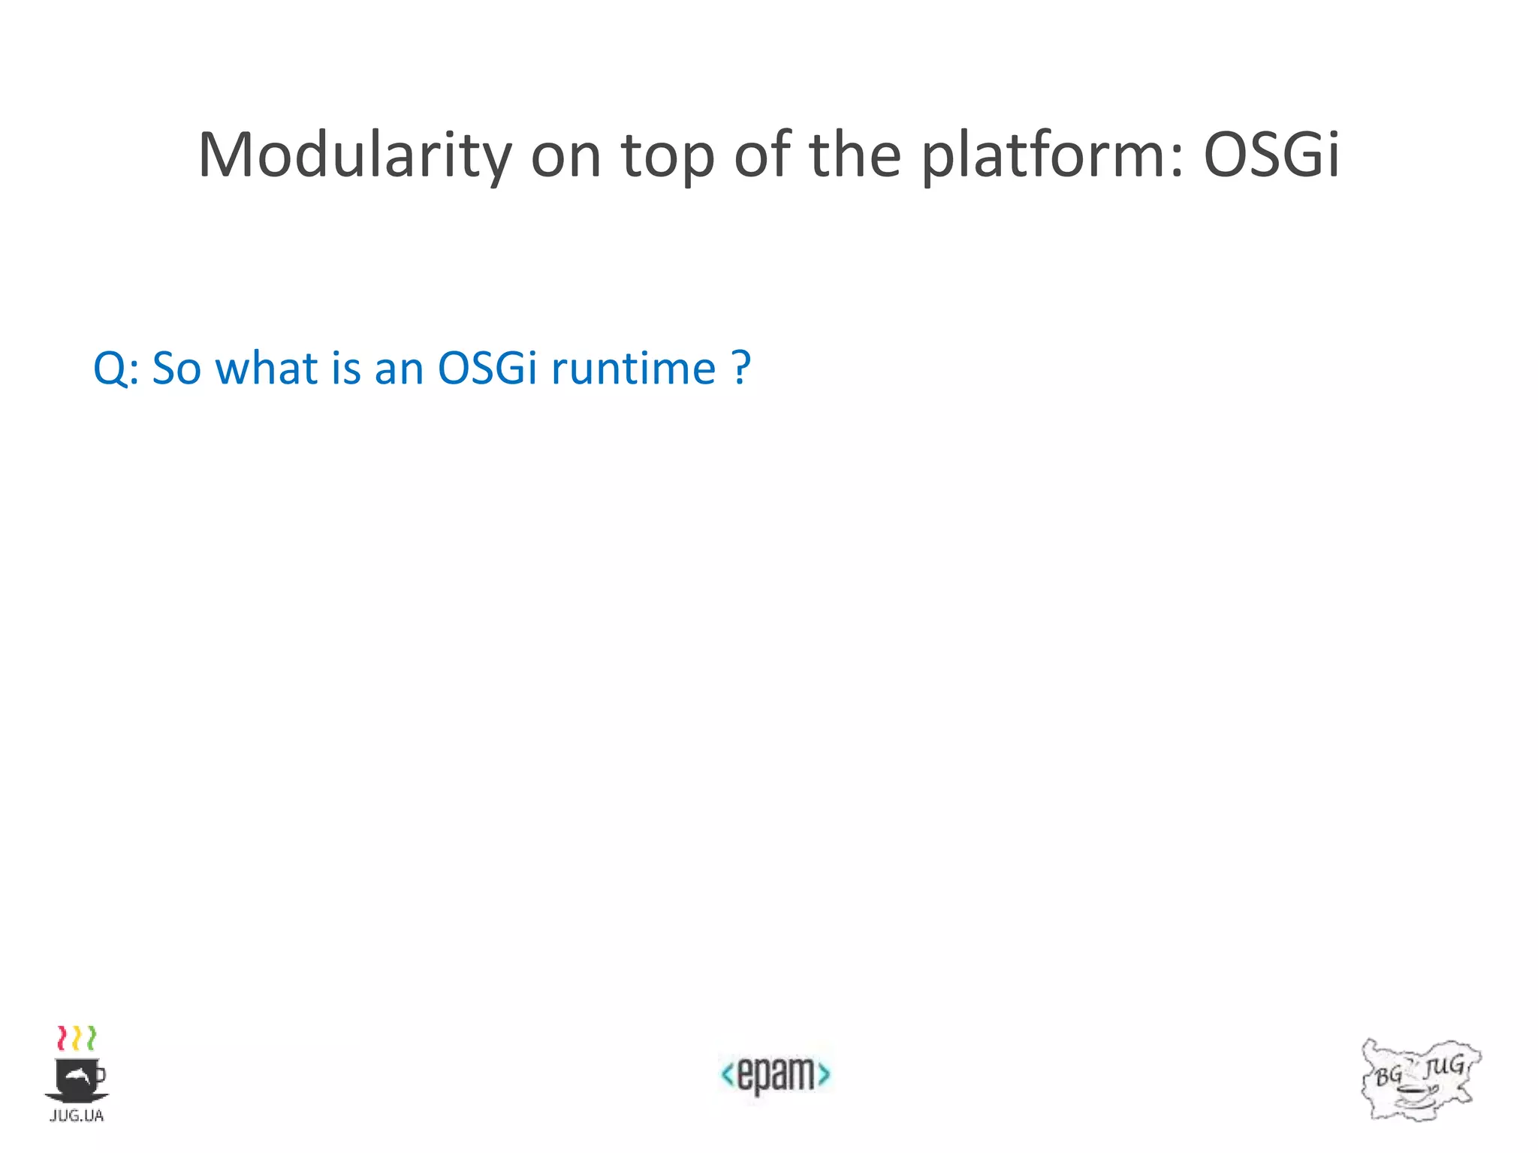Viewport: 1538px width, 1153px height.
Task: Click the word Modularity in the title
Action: coord(354,155)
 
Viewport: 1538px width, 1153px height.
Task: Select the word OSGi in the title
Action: coord(1271,155)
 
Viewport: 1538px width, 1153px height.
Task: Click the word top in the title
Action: coord(667,155)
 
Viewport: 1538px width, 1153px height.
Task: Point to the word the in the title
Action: coord(855,155)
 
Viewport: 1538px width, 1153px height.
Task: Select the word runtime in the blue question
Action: coord(633,369)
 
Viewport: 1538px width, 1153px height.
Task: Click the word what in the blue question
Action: coord(267,369)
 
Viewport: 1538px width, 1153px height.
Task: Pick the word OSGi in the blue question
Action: coord(487,369)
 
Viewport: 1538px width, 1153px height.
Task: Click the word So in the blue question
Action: coord(176,369)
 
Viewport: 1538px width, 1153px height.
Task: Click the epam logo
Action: coord(775,1074)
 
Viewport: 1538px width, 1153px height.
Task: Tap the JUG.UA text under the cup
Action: coord(77,1115)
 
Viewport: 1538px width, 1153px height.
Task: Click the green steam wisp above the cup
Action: coord(91,1037)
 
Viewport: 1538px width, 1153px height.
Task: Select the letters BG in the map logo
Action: coord(1389,1075)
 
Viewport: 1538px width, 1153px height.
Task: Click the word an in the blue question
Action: coord(399,369)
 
